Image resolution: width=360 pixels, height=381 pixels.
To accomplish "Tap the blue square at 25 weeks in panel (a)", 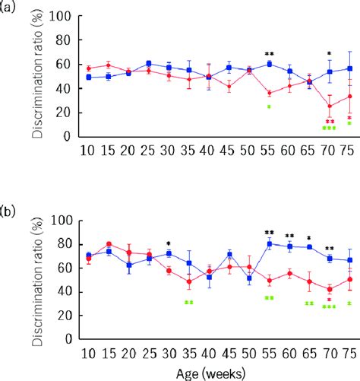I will (149, 64).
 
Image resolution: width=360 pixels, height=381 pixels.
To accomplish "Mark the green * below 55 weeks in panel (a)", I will (269, 107).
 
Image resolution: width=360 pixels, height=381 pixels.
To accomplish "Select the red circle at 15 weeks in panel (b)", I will (109, 243).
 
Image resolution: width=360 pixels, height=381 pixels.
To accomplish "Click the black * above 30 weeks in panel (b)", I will (169, 245).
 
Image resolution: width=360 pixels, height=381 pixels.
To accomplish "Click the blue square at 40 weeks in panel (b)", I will (209, 277).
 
